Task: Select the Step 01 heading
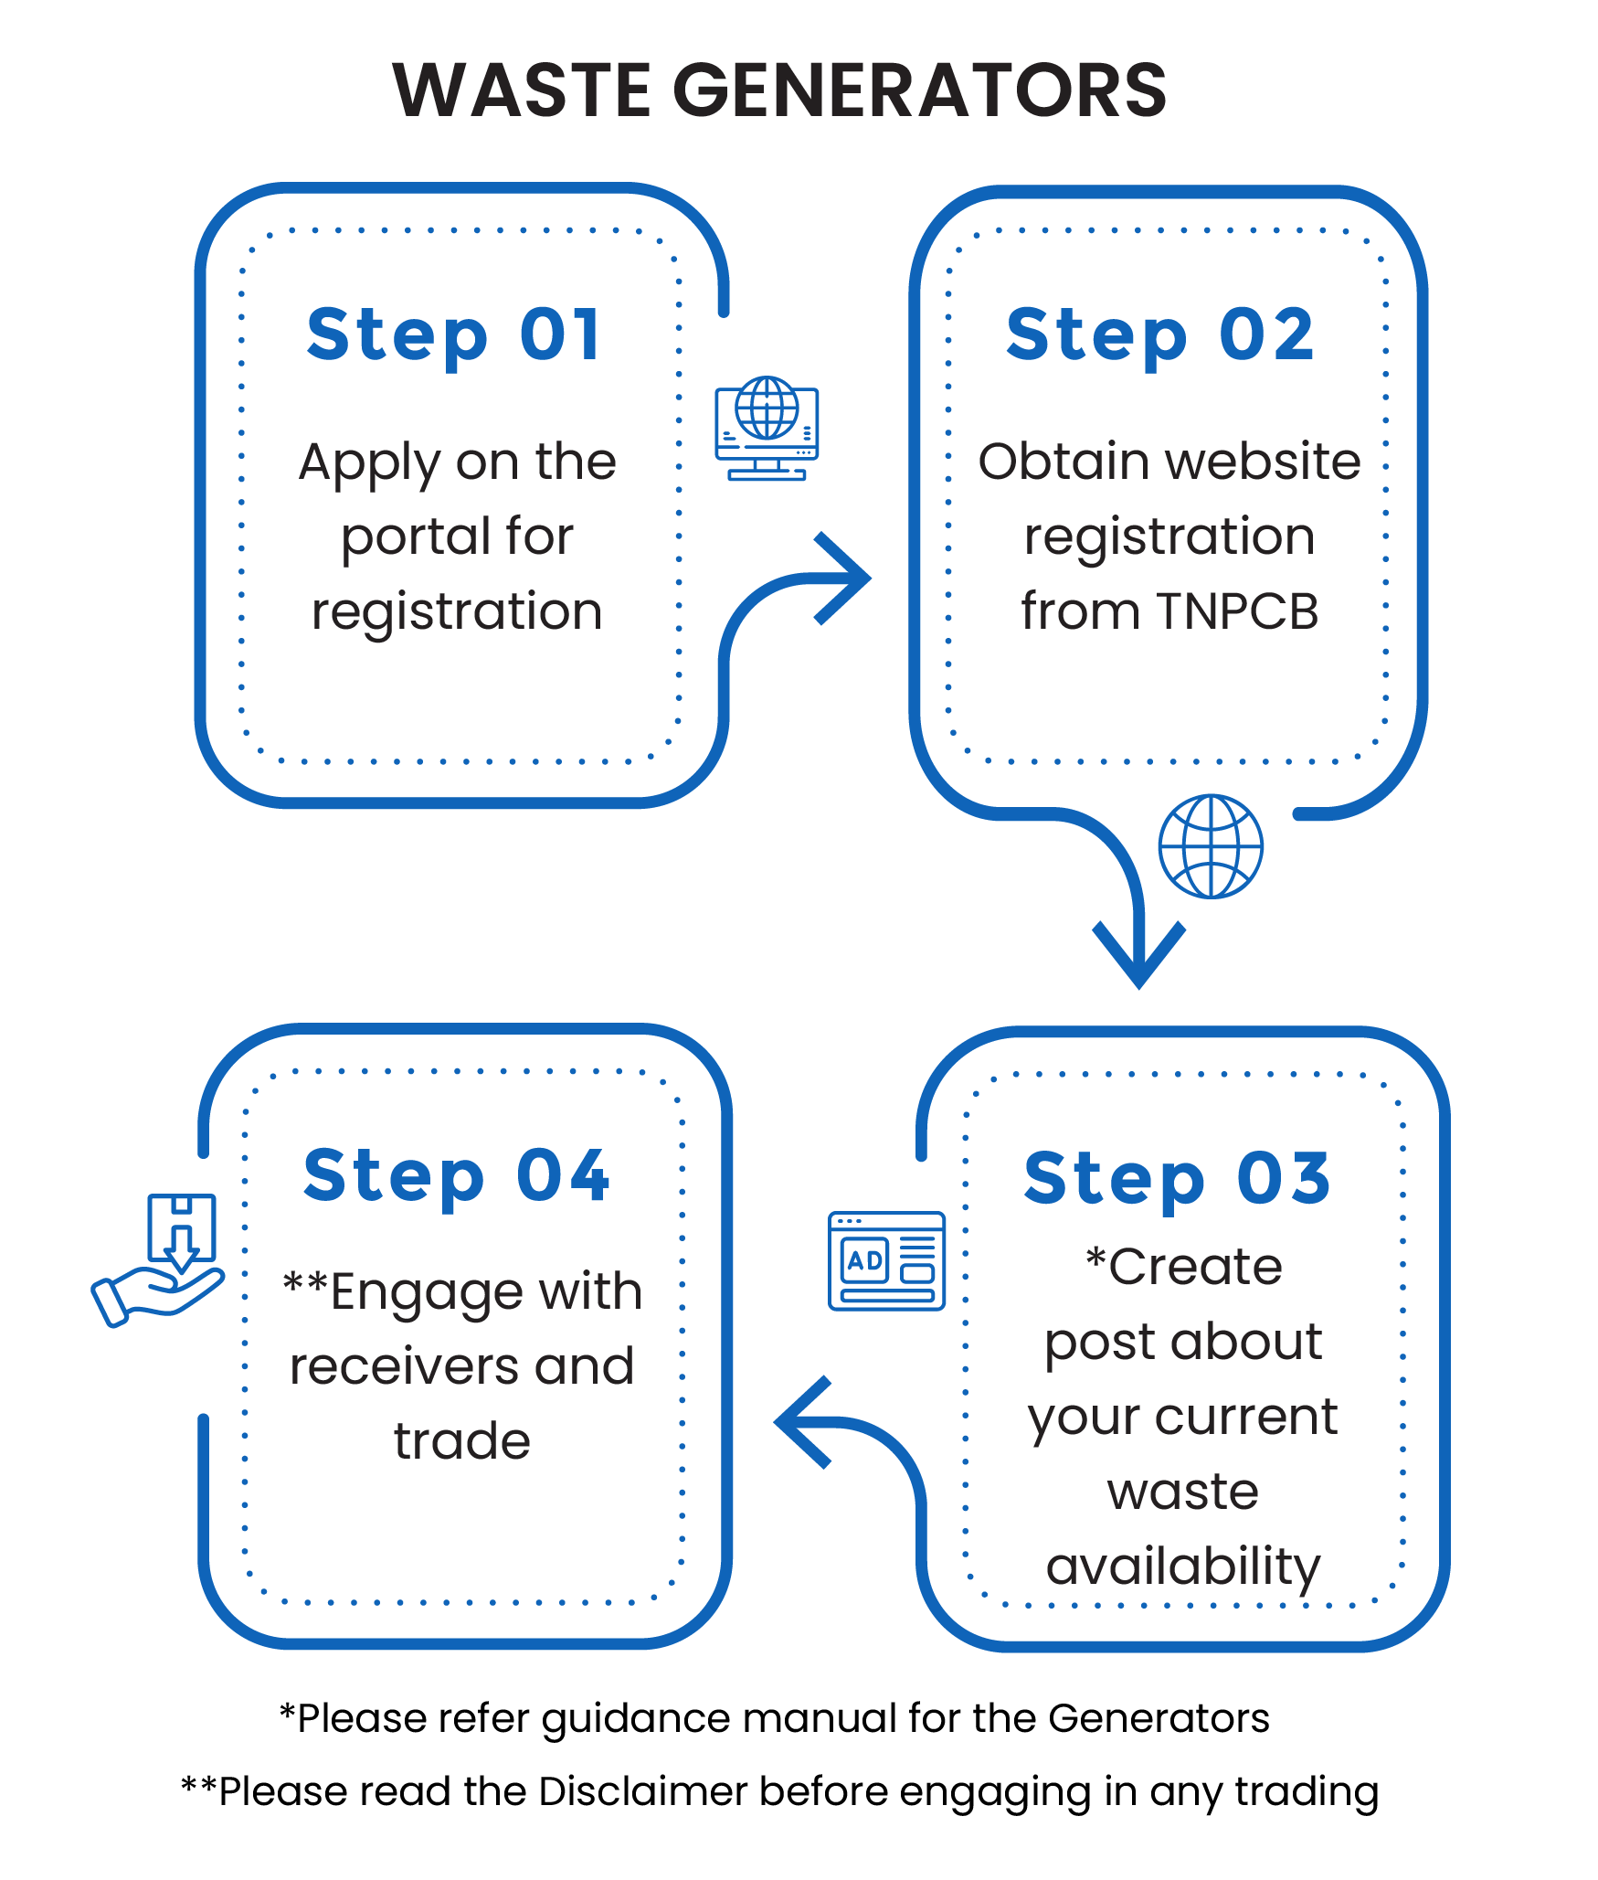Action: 454,335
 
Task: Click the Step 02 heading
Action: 1160,335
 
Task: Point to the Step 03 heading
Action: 1177,1179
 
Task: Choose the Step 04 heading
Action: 456,1177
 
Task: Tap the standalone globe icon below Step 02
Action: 1211,845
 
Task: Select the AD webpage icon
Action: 886,1261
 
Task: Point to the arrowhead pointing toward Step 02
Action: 845,579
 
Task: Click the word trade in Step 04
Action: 462,1441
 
